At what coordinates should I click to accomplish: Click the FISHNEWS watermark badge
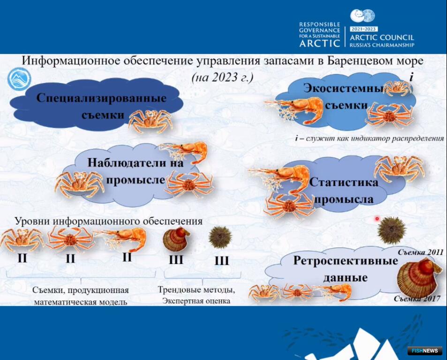point(424,351)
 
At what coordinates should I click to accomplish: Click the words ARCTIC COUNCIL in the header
point(382,37)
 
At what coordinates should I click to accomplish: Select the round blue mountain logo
point(19,79)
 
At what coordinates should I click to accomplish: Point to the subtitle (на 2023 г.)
point(222,77)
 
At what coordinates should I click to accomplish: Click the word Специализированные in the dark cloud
point(101,98)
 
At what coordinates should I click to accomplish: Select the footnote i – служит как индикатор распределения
point(370,138)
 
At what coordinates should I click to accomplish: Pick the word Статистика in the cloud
point(343,182)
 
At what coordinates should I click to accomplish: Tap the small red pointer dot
point(377,219)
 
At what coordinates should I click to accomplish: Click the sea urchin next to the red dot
point(392,230)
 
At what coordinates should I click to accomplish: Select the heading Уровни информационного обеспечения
point(109,221)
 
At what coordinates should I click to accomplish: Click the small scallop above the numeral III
point(176,239)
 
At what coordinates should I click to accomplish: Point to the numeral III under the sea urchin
point(221,261)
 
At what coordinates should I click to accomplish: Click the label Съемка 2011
point(420,252)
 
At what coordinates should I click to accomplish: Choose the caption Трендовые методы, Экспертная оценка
point(197,295)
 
